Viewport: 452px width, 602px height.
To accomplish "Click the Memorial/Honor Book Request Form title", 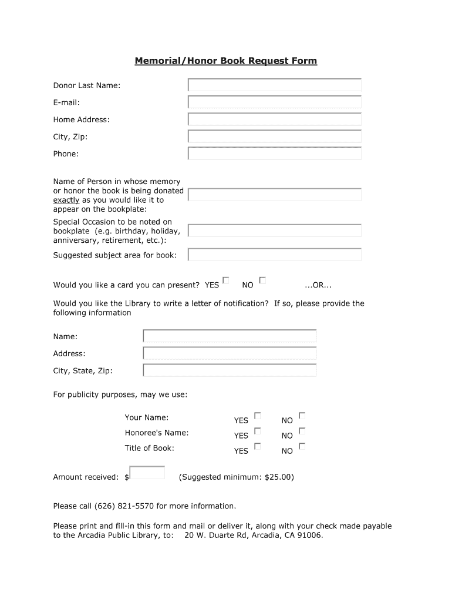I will [226, 61].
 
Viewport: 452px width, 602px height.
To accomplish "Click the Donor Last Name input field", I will [274, 85].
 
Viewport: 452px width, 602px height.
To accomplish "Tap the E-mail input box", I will [274, 102].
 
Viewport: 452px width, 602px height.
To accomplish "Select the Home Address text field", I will [274, 119].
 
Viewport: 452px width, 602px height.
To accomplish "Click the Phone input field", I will [274, 153].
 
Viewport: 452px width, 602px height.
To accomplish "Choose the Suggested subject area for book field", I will [274, 255].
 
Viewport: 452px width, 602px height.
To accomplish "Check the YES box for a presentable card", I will [226, 280].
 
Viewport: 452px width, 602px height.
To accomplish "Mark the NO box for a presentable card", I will [262, 280].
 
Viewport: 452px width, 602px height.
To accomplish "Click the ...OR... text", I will [318, 285].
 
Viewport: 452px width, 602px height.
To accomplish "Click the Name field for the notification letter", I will [230, 336].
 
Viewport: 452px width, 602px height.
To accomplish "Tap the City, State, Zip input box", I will [230, 370].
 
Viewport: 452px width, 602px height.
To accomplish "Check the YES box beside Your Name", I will [257, 416].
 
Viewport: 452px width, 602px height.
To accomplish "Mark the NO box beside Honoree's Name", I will [302, 431].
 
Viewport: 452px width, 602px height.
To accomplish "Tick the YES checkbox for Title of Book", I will [257, 446].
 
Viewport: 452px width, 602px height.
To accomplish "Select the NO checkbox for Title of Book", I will [302, 446].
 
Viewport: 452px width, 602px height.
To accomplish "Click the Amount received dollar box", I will [147, 473].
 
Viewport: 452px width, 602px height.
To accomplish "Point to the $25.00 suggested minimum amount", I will [278, 477].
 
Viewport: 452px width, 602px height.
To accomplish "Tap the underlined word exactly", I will [66, 200].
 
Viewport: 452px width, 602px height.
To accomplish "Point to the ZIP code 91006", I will [310, 536].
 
